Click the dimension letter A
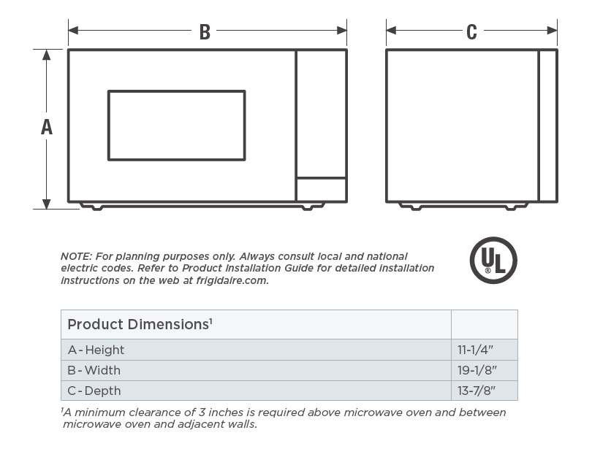click(x=47, y=127)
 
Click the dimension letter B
click(x=205, y=31)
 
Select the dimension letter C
click(x=471, y=31)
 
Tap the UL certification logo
click(x=493, y=261)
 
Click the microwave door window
click(x=176, y=126)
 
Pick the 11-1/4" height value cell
click(x=477, y=350)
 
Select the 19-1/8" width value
click(x=477, y=370)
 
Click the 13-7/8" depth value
click(x=477, y=391)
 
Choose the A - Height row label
click(x=96, y=350)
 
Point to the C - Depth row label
click(x=94, y=391)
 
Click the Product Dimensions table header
click(x=140, y=323)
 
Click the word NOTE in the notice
click(x=74, y=256)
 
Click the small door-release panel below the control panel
click(x=321, y=189)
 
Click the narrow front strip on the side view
click(x=547, y=126)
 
